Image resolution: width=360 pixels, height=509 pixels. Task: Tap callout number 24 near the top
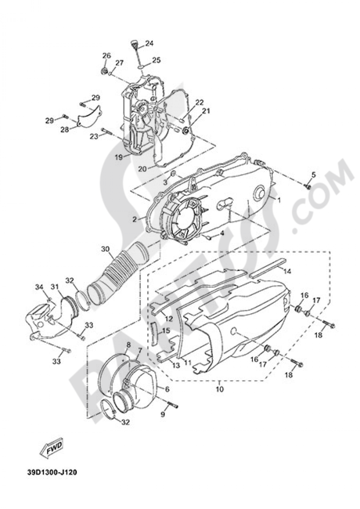(149, 44)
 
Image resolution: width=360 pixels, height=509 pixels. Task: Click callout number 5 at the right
(313, 175)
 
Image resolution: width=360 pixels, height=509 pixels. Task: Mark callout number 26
(106, 55)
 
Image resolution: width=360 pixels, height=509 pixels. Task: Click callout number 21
(206, 112)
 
